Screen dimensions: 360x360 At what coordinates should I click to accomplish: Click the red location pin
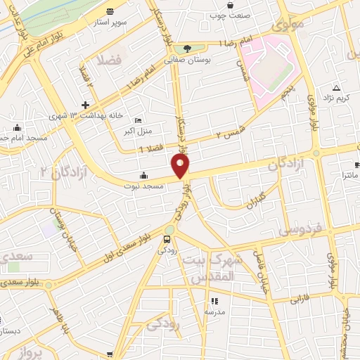[181, 166]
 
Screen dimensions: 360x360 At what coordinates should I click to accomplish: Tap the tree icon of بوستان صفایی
[187, 48]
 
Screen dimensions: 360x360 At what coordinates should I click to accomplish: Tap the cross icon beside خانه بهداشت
[85, 105]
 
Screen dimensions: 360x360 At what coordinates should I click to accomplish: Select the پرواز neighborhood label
[31, 350]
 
